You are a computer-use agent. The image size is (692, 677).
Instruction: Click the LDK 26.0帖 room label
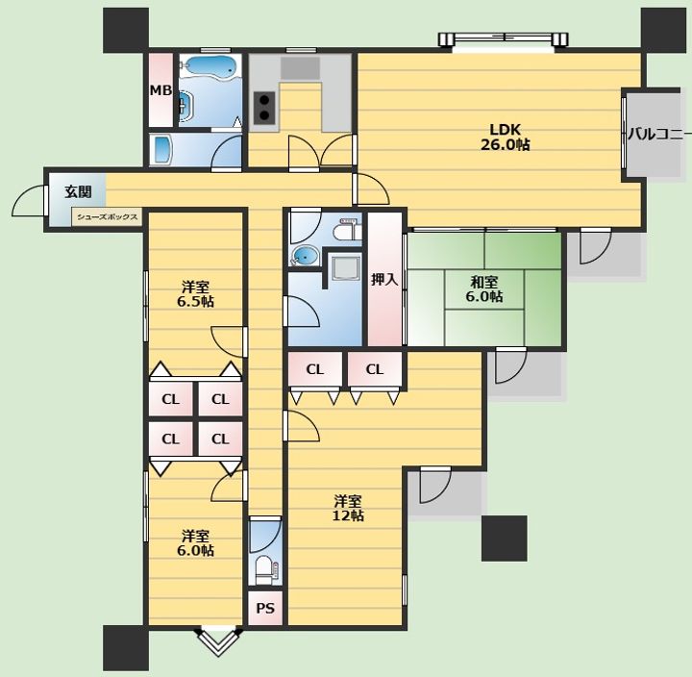point(505,138)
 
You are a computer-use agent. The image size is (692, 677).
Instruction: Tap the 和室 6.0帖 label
point(484,288)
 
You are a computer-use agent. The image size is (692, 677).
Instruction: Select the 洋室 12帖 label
point(348,509)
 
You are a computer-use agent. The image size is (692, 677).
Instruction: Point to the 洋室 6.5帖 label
point(195,294)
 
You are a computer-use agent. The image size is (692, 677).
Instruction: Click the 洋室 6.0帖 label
point(195,543)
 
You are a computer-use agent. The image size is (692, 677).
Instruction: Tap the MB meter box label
point(161,90)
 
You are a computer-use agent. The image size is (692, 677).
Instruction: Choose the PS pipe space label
point(265,609)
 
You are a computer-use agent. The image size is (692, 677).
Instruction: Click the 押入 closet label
point(384,279)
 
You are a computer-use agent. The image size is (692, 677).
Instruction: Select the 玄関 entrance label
point(78,191)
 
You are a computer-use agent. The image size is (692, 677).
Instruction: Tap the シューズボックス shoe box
point(108,216)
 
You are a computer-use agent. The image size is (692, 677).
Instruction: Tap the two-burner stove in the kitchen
point(264,108)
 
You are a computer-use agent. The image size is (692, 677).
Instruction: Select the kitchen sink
point(300,68)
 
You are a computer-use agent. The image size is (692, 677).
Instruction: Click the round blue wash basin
point(306,256)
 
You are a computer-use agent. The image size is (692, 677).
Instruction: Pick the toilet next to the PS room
point(266,569)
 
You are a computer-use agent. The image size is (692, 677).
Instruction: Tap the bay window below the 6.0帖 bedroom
point(219,640)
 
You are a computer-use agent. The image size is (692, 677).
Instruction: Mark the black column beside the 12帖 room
point(504,539)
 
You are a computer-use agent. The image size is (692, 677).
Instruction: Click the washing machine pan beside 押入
point(346,268)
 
